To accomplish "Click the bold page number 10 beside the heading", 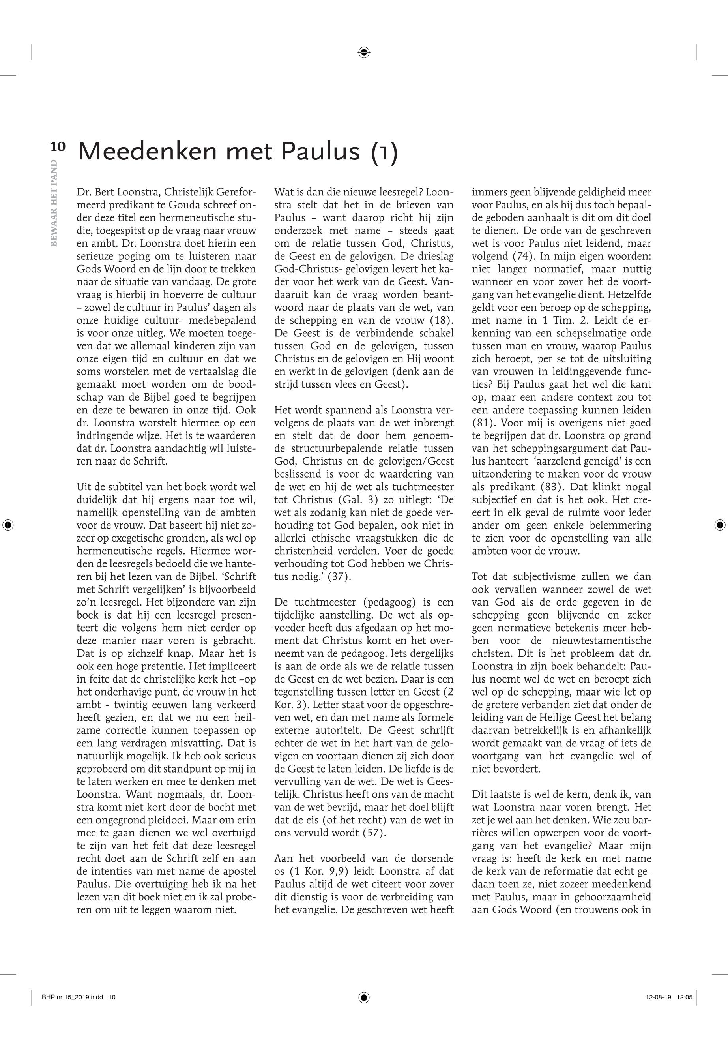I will click(x=58, y=147).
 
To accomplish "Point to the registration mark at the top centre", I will click(x=363, y=52).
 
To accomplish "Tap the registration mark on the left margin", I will click(x=8, y=525).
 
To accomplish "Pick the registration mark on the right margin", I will click(x=719, y=525).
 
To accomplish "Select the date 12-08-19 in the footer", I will click(x=658, y=997).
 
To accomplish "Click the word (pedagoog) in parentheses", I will click(x=393, y=602).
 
